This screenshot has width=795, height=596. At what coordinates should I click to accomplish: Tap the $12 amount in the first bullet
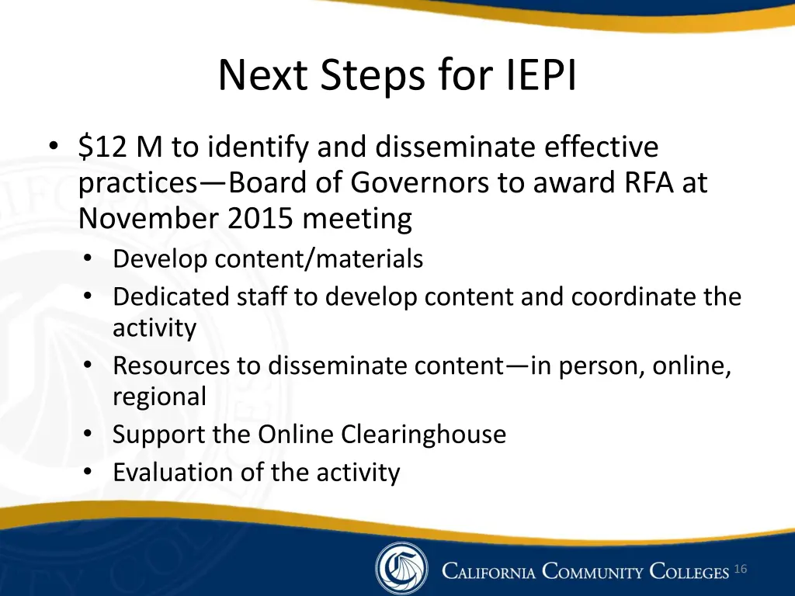103,147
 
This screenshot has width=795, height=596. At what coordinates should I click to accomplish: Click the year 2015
261,219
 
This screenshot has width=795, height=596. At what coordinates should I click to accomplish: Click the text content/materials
318,258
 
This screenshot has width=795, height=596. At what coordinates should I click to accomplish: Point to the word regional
159,397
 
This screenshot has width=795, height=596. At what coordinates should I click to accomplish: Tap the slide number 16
740,570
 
